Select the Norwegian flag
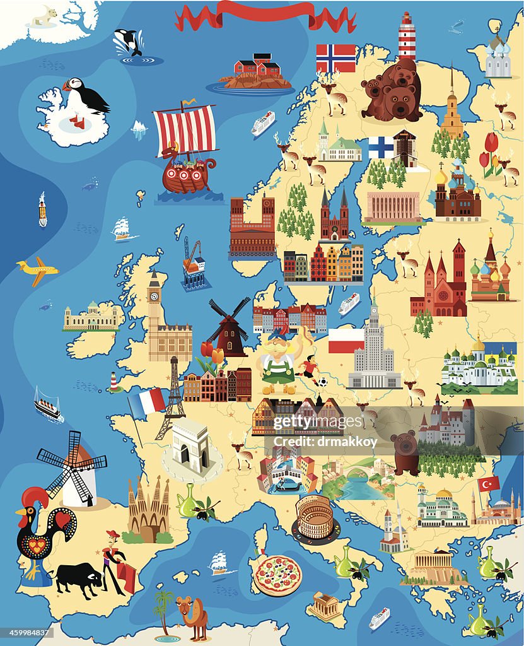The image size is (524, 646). pyautogui.click(x=335, y=58)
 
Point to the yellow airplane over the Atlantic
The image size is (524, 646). pyautogui.click(x=38, y=270)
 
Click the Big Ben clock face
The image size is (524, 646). pyautogui.click(x=154, y=295)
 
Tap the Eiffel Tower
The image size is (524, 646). pyautogui.click(x=172, y=397)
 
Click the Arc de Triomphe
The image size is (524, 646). pyautogui.click(x=190, y=445)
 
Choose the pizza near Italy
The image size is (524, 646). pyautogui.click(x=277, y=575)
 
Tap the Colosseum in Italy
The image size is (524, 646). pyautogui.click(x=315, y=517)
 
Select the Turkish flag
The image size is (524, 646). pyautogui.click(x=489, y=484)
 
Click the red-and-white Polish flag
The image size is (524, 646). pyautogui.click(x=346, y=341)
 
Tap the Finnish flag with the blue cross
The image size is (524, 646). pyautogui.click(x=381, y=148)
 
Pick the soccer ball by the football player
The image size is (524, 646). pyautogui.click(x=322, y=382)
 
